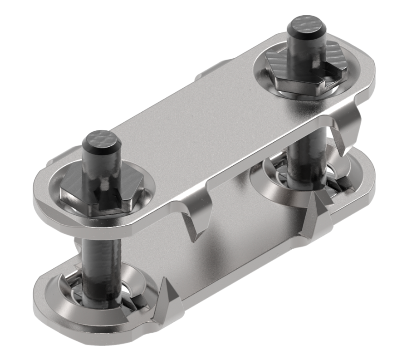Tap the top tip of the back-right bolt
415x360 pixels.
coord(308,25)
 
